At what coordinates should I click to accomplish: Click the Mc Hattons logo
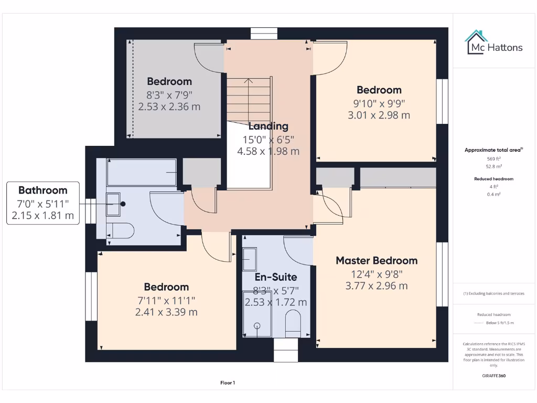(494, 44)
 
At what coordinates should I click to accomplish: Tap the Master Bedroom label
(377, 261)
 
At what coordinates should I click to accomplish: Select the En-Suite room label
(276, 277)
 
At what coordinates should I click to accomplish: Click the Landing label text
(268, 126)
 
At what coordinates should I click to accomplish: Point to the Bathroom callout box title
(43, 190)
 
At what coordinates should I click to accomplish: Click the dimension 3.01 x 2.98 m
(379, 115)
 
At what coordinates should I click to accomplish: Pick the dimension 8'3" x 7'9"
(169, 95)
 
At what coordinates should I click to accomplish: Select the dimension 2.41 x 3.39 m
(166, 312)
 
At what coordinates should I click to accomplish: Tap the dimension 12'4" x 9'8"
(377, 274)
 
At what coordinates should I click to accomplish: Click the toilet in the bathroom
(120, 230)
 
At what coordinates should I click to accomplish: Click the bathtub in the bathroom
(141, 172)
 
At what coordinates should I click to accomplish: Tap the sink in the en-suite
(249, 258)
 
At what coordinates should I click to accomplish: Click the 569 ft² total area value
(493, 158)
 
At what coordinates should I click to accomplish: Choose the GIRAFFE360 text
(493, 376)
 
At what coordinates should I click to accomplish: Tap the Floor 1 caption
(228, 383)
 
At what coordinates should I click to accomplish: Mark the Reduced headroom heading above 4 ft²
(493, 179)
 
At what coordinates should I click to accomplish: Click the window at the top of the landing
(263, 34)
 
